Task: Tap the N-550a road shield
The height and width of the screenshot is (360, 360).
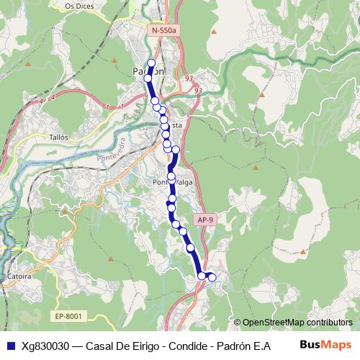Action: coord(165,31)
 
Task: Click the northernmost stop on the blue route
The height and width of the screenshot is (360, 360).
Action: coord(151,63)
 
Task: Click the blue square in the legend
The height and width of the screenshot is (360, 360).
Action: coord(9,345)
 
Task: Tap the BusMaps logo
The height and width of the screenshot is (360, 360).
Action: coord(325,344)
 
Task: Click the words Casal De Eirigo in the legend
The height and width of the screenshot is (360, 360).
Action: coord(120,345)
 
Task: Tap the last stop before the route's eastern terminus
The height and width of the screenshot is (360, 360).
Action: coord(202,276)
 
